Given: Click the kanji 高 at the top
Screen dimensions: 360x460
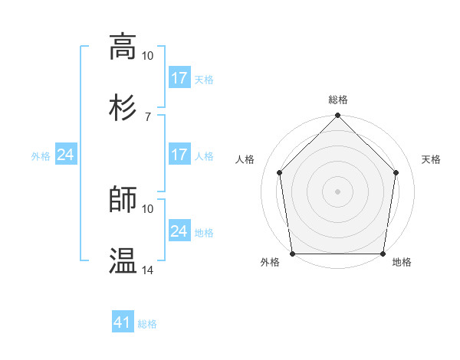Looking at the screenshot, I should pyautogui.click(x=123, y=47).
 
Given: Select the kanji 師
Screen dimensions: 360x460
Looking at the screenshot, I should pyautogui.click(x=123, y=200).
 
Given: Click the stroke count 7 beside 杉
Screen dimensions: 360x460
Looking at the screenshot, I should pyautogui.click(x=148, y=116).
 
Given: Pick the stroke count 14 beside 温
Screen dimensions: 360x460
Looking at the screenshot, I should pyautogui.click(x=148, y=270).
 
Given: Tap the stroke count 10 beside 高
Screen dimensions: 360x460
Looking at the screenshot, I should pyautogui.click(x=148, y=56).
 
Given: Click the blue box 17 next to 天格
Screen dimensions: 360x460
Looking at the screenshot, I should pyautogui.click(x=179, y=78).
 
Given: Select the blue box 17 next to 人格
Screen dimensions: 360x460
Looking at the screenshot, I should pyautogui.click(x=179, y=155).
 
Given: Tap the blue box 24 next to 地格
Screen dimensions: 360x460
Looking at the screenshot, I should pyautogui.click(x=179, y=231).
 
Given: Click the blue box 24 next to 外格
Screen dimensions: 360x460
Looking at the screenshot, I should pyautogui.click(x=66, y=155).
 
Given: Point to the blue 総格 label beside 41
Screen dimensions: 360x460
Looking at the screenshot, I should pyautogui.click(x=147, y=324).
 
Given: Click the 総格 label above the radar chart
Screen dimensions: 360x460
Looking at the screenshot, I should pyautogui.click(x=338, y=100).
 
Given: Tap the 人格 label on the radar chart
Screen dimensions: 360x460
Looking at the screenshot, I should pyautogui.click(x=246, y=159).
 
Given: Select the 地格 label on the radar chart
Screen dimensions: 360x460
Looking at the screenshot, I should pyautogui.click(x=402, y=263).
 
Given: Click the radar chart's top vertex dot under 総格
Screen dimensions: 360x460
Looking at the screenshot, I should pyautogui.click(x=338, y=116).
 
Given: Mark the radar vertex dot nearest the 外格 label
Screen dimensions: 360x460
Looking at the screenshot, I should pyautogui.click(x=292, y=254).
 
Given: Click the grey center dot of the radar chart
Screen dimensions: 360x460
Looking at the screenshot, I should pyautogui.click(x=338, y=191).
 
